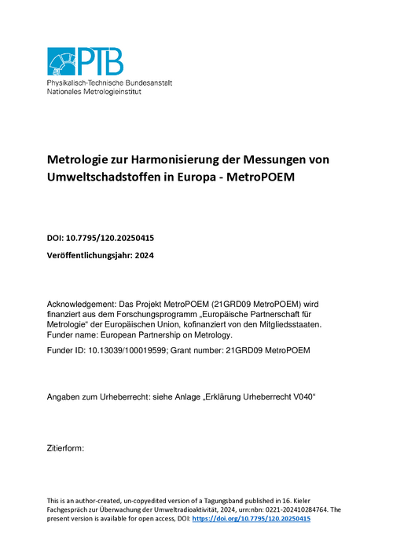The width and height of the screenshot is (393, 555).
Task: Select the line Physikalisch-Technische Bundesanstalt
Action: point(109,82)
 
